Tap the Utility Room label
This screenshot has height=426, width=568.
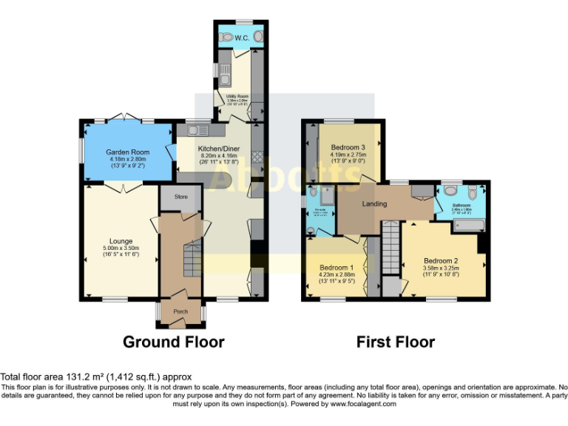pos(237,96)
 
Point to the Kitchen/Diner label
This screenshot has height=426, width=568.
pos(217,148)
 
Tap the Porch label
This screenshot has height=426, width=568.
pos(180,311)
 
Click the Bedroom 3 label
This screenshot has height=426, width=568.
pos(348,146)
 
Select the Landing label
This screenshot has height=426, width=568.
pos(375,204)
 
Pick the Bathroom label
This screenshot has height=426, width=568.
pos(461,205)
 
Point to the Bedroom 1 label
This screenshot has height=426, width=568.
pos(337,267)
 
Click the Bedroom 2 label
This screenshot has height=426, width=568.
pos(442,260)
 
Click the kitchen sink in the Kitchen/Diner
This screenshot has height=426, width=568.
pos(196,131)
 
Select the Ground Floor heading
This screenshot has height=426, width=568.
pos(173,342)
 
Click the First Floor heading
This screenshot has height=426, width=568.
pos(395,342)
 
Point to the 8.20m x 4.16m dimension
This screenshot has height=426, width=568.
pos(217,156)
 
